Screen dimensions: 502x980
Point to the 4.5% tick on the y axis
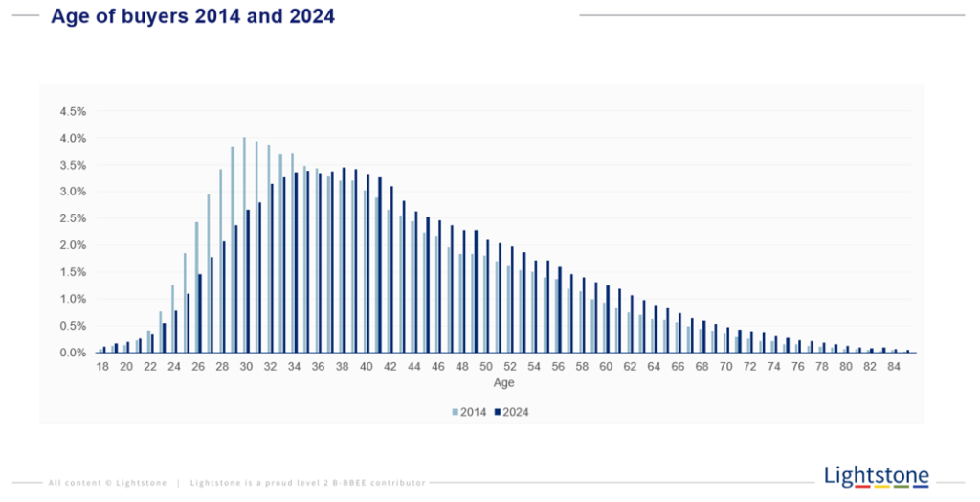click(73, 111)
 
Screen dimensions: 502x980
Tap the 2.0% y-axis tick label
click(73, 245)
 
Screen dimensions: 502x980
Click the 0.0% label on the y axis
click(73, 353)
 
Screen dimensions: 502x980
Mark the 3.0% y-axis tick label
click(73, 192)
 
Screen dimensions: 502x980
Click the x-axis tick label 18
click(101, 367)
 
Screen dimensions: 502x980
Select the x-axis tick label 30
click(246, 367)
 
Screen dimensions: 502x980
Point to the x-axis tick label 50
click(486, 367)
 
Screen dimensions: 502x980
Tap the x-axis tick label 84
click(894, 367)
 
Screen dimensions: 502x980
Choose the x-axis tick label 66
click(678, 367)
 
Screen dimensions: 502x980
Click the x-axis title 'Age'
click(503, 383)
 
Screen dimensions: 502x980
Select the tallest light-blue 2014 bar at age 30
click(244, 245)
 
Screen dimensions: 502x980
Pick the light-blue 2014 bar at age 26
click(196, 287)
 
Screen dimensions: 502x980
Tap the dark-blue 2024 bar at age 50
click(488, 296)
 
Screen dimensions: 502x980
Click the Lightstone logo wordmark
click(876, 474)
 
